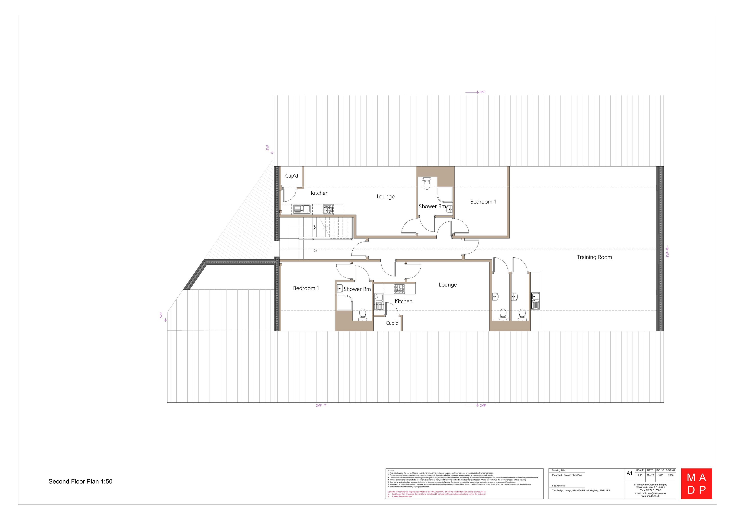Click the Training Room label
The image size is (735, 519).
[594, 257]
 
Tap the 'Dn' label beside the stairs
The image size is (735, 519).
[315, 251]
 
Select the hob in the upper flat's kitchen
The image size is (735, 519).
[328, 209]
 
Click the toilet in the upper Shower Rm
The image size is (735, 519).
[427, 184]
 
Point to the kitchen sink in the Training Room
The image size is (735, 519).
[535, 301]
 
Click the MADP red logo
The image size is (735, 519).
[696, 483]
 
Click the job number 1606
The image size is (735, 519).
[661, 475]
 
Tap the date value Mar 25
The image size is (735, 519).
[650, 475]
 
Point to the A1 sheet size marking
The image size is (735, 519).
[629, 473]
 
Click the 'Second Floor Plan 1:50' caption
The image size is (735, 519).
[80, 482]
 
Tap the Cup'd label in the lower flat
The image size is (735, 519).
[392, 323]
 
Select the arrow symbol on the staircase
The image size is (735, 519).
[315, 227]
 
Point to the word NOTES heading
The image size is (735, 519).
[391, 471]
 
